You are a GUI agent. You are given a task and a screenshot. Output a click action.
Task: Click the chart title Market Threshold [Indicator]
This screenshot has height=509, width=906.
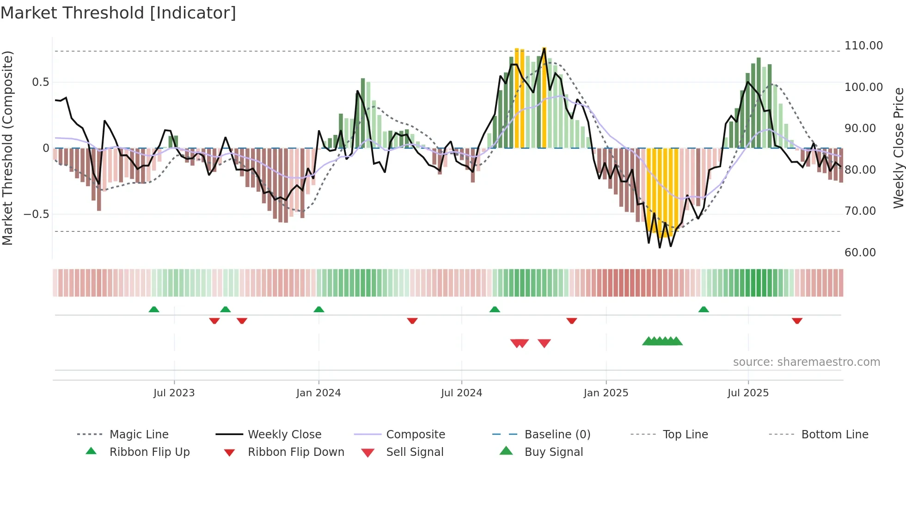click(118, 13)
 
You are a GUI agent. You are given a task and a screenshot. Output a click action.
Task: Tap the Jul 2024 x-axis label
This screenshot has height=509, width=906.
click(461, 393)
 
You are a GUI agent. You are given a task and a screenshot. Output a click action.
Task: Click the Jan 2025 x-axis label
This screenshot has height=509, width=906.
click(606, 393)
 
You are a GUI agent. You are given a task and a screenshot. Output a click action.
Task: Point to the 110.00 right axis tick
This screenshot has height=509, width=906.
click(863, 46)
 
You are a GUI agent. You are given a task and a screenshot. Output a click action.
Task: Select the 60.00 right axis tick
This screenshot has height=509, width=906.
click(860, 253)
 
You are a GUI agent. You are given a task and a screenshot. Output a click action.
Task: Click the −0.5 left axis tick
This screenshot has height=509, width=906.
click(36, 214)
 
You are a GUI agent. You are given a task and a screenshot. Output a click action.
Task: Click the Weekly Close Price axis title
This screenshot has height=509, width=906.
click(898, 148)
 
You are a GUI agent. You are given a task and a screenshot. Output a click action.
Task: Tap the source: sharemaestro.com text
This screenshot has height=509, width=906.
click(806, 362)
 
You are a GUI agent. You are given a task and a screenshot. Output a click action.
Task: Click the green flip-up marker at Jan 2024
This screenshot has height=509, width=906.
click(318, 309)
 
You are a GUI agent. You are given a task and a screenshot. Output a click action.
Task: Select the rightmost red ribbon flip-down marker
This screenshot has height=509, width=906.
click(796, 321)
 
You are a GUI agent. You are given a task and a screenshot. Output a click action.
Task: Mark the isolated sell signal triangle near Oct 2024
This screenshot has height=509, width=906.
click(544, 343)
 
